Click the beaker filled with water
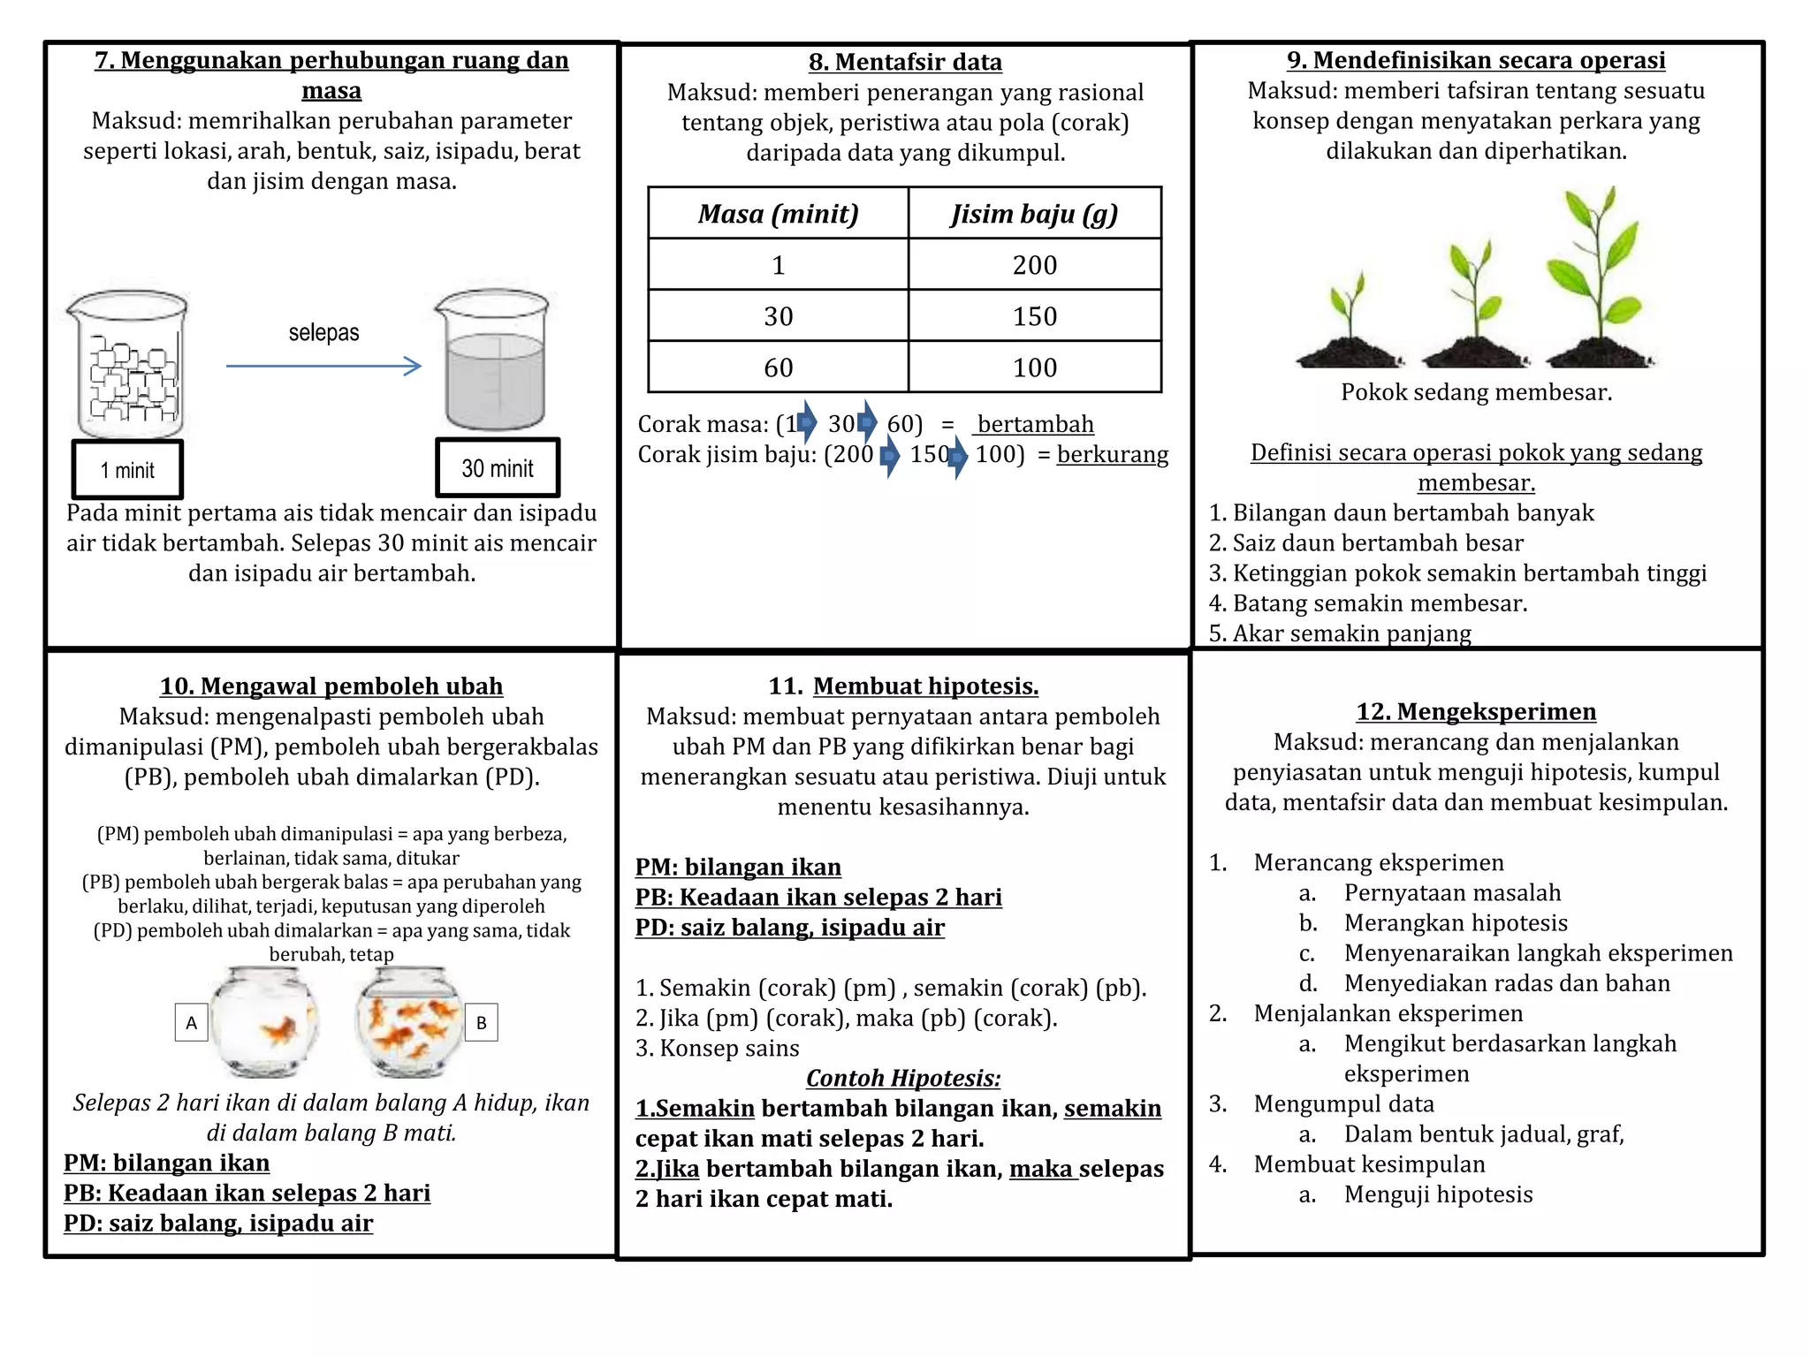pos(493,362)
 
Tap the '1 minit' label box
pos(128,470)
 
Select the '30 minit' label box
pos(498,468)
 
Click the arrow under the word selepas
pos(323,366)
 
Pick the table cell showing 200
pos(1034,265)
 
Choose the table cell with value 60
pos(778,368)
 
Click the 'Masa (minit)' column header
pos(778,214)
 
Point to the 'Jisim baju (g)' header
pos(1034,214)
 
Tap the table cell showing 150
pos(1034,316)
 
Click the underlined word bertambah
pos(1035,424)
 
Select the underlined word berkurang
pos(1112,454)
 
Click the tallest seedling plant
pos(1598,278)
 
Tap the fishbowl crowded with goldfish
pos(408,1022)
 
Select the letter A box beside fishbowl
pos(191,1023)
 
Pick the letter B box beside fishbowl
pos(482,1023)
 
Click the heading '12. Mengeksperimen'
pos(1476,712)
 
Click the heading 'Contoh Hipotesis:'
pos(903,1078)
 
